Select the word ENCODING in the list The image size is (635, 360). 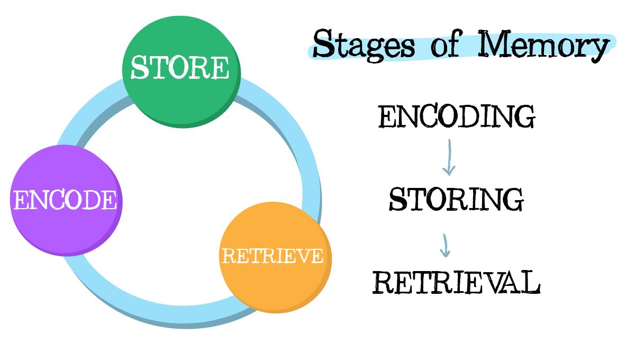pos(457,117)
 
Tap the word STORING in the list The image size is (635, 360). pos(456,199)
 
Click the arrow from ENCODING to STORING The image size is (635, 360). pos(449,157)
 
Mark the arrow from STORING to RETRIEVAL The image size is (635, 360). pos(446,245)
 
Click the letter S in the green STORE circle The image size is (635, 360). pos(139,67)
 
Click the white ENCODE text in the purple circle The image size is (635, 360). pos(65,201)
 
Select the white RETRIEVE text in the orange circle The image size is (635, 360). pos(273,256)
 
